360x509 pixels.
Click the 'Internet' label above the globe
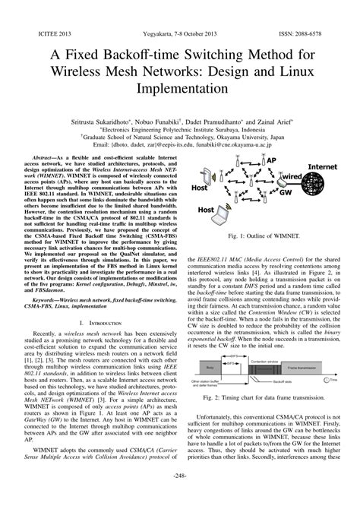tap(326, 166)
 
